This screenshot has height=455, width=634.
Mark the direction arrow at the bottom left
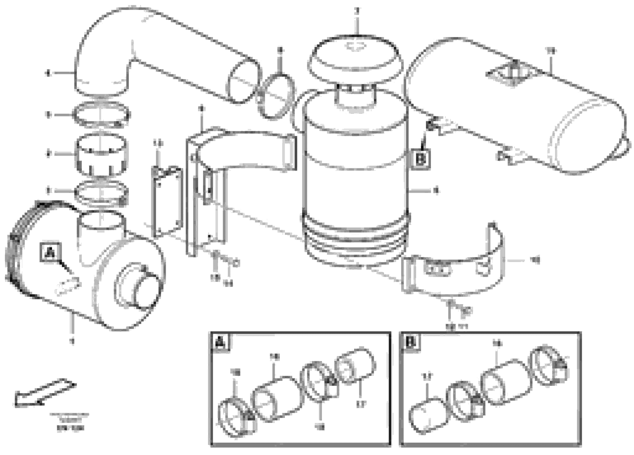pos(45,393)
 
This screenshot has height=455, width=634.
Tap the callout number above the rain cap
pos(357,11)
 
